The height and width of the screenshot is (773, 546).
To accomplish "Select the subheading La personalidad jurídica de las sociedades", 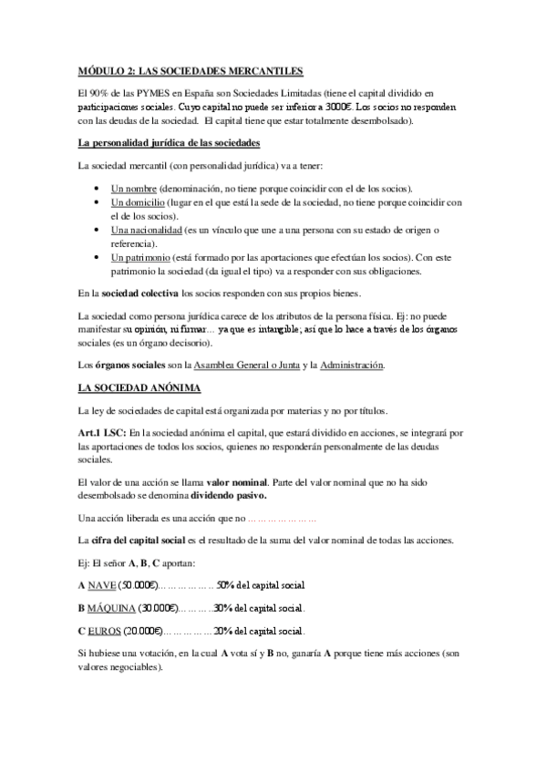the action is point(170,143).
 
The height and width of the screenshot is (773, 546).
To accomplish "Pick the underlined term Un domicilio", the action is point(138,202).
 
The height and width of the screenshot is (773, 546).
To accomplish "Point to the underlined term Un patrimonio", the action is point(139,259).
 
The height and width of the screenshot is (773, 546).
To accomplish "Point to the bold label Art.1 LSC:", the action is point(103,431).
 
